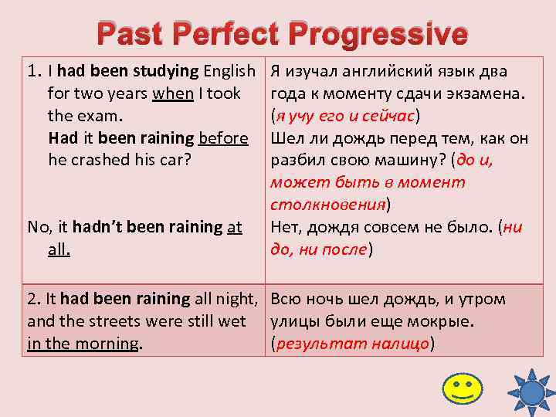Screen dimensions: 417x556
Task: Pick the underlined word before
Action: tap(223, 138)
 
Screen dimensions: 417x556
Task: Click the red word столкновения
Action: tap(327, 205)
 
